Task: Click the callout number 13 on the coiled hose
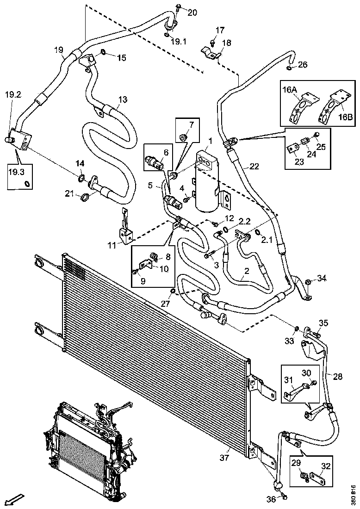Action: pyautogui.click(x=123, y=99)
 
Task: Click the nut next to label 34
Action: pyautogui.click(x=308, y=281)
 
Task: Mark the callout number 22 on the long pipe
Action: pyautogui.click(x=254, y=166)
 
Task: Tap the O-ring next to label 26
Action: pyautogui.click(x=289, y=68)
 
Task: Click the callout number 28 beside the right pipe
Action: pyautogui.click(x=338, y=377)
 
